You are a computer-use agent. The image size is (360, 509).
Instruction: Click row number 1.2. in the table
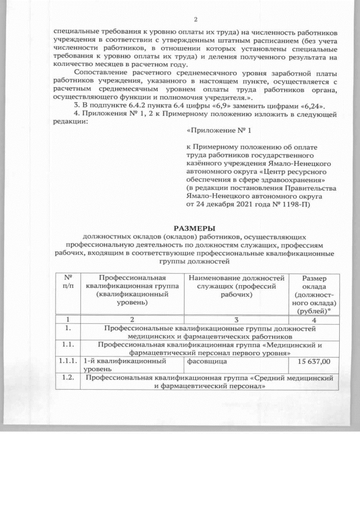67,378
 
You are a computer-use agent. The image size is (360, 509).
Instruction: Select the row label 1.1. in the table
67,345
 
